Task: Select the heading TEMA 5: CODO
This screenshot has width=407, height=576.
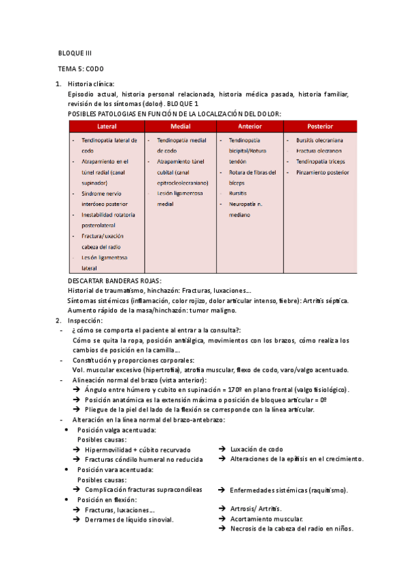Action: (81, 69)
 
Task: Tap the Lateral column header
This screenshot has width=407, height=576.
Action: (107, 126)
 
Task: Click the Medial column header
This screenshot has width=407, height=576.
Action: (180, 126)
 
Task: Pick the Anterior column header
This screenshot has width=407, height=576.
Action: (250, 126)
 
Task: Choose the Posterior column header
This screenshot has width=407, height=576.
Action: (320, 126)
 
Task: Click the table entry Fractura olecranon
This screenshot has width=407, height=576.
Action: (319, 151)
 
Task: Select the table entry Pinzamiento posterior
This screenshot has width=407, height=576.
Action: (321, 173)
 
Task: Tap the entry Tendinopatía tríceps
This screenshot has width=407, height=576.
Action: (321, 162)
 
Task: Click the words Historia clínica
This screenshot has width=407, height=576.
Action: (96, 84)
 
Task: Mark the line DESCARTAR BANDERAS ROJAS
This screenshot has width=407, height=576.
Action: (115, 281)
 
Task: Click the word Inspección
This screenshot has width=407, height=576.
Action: (86, 320)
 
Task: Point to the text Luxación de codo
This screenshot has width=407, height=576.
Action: (256, 449)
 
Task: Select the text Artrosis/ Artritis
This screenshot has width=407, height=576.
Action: (256, 509)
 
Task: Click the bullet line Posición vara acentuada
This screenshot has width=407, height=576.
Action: (115, 469)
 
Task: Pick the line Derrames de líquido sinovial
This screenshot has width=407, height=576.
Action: (129, 520)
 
